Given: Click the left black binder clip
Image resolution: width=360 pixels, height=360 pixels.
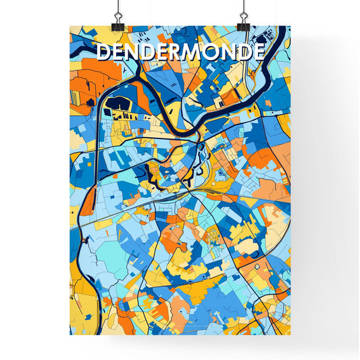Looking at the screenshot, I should click(x=118, y=24).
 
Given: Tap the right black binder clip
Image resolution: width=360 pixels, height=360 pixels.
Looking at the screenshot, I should click(x=243, y=24).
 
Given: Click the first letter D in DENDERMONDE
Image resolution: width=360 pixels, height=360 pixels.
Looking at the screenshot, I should click(x=104, y=52).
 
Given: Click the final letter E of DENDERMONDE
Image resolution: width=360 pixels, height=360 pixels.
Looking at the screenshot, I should click(x=257, y=52).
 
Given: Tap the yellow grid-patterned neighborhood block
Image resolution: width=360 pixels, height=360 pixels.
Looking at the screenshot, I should click(x=214, y=236).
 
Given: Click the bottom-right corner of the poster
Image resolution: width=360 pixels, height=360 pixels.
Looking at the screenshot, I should click(x=290, y=334).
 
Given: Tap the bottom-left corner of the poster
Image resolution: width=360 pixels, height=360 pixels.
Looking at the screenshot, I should click(x=70, y=334).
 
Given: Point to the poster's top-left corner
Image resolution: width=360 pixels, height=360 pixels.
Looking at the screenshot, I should click(x=70, y=26).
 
